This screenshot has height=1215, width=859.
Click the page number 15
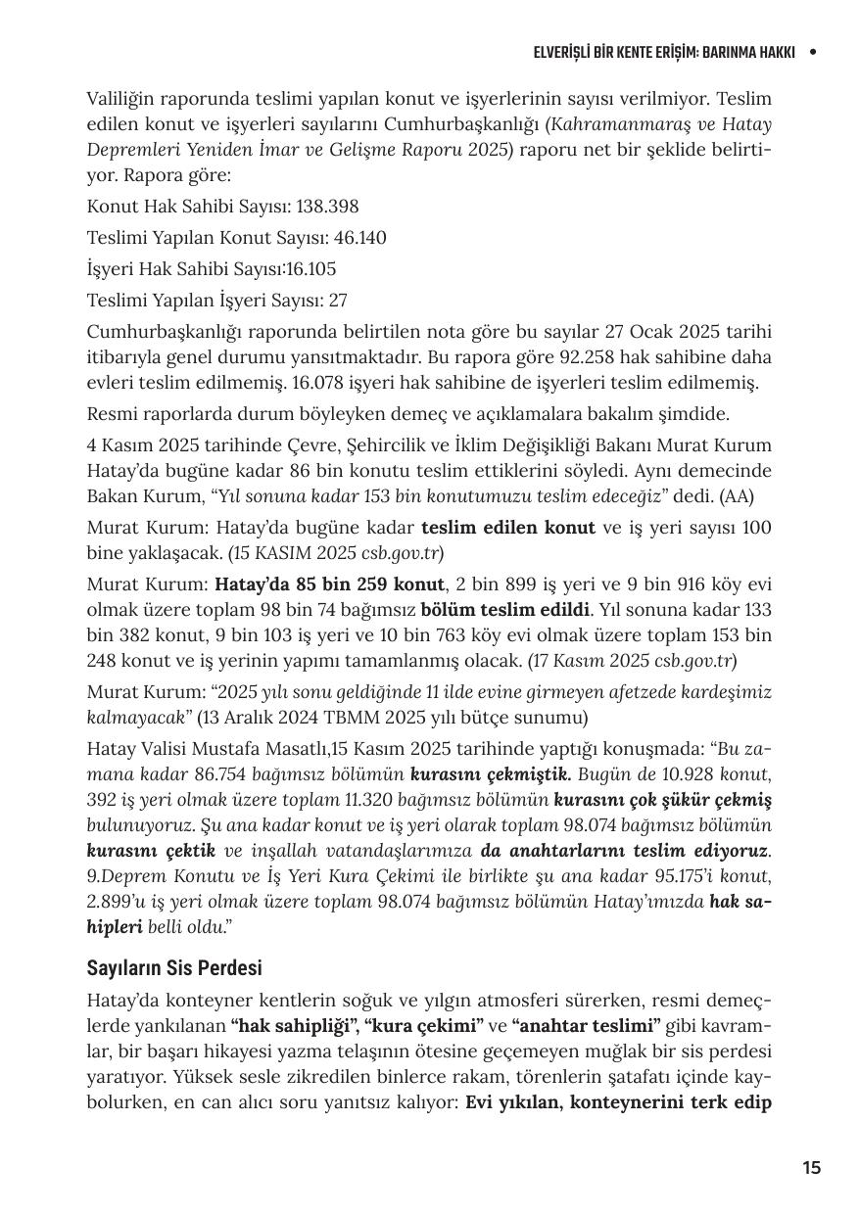pos(811,1167)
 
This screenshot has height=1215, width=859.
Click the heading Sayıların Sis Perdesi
pos(174,967)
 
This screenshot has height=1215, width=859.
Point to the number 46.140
pos(354,238)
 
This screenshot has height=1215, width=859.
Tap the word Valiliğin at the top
pos(126,99)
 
